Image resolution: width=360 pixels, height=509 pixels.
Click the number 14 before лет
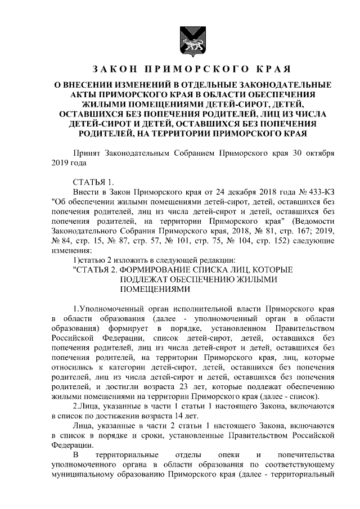(183, 415)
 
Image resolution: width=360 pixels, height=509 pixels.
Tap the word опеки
(217, 454)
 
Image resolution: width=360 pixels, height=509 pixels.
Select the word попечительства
(303, 454)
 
